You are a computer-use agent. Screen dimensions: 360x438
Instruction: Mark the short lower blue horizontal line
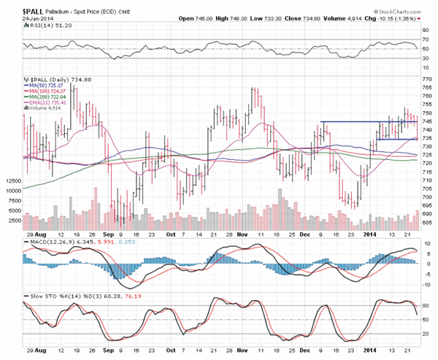[x=395, y=139]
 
